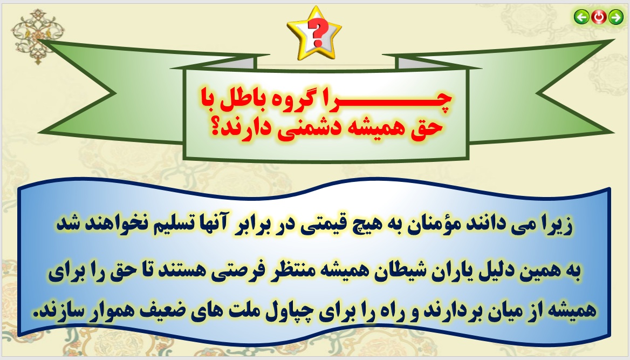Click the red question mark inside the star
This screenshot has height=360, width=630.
tap(316, 33)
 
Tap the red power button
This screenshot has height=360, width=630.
tap(599, 17)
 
